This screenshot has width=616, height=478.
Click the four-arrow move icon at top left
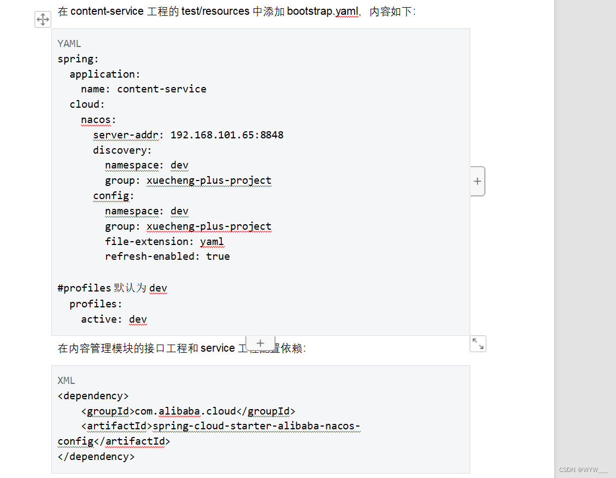pyautogui.click(x=43, y=20)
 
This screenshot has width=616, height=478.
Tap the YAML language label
pyautogui.click(x=69, y=44)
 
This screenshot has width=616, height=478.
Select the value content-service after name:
pyautogui.click(x=162, y=89)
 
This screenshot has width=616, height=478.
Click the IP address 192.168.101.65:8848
pyautogui.click(x=227, y=135)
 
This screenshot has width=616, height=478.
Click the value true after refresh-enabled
pyautogui.click(x=218, y=257)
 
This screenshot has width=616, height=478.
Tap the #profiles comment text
pyautogui.click(x=84, y=288)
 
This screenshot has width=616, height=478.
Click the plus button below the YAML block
pyautogui.click(x=260, y=343)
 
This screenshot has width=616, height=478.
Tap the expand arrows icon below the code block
pyautogui.click(x=478, y=343)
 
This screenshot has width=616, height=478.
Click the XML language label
pyautogui.click(x=66, y=381)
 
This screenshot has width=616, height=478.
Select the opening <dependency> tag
pyautogui.click(x=93, y=396)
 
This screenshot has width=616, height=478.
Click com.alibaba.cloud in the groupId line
pyautogui.click(x=185, y=411)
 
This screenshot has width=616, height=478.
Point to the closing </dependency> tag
pyautogui.click(x=96, y=457)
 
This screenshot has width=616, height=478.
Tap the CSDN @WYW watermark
pyautogui.click(x=583, y=470)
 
